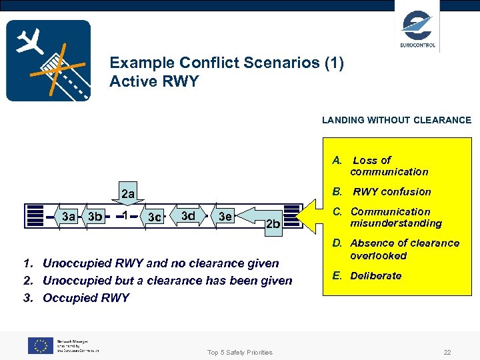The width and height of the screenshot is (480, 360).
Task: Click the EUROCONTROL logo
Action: [x=417, y=29]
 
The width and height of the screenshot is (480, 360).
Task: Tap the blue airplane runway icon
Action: [x=48, y=61]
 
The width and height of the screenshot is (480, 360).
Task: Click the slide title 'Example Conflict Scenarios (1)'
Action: [x=226, y=63]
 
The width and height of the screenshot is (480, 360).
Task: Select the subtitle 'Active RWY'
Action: [x=154, y=82]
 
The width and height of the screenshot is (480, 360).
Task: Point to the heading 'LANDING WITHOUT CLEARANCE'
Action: [x=396, y=121]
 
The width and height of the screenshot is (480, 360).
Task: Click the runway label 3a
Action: [x=68, y=216]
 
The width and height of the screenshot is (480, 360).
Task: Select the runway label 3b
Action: [x=95, y=216]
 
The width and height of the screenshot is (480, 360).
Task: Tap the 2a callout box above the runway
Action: [x=127, y=194]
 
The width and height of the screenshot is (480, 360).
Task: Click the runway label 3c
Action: [x=155, y=217]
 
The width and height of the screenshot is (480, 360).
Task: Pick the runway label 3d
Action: [x=189, y=215]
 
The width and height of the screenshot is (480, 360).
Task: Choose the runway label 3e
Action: [x=225, y=216]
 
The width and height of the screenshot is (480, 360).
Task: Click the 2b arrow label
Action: [x=273, y=223]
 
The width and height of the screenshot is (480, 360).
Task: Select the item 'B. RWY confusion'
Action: [x=383, y=192]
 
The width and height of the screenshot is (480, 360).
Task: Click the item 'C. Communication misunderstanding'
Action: [x=387, y=217]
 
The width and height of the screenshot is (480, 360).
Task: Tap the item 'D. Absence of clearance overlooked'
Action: [x=396, y=249]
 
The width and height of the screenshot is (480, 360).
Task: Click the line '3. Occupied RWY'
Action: [x=77, y=298]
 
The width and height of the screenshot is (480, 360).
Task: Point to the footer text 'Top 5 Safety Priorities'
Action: [x=239, y=352]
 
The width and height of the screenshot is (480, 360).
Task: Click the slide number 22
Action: [x=447, y=352]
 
